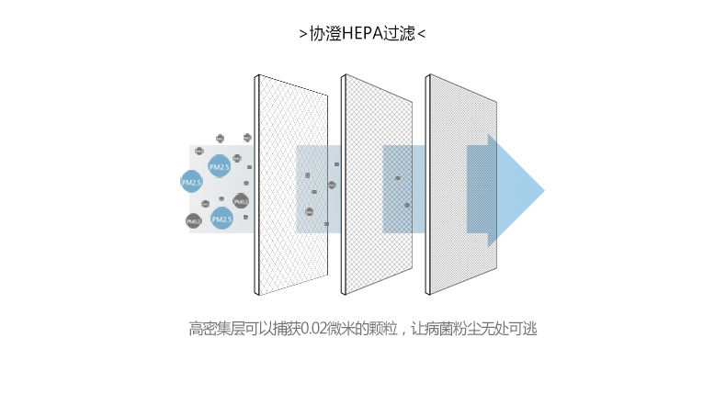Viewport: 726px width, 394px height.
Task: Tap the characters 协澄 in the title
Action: [x=325, y=34]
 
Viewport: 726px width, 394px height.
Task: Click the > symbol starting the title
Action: [x=303, y=35]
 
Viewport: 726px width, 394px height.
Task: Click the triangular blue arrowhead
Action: [x=515, y=191]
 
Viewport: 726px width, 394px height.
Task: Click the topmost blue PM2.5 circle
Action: [x=220, y=166]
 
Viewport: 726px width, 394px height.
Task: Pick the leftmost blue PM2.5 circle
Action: [x=190, y=182]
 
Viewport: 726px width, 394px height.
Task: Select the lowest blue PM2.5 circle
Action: [x=221, y=219]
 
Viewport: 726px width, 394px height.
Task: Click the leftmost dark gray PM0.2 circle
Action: [x=193, y=221]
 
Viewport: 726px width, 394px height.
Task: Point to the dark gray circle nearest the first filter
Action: [x=241, y=201]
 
